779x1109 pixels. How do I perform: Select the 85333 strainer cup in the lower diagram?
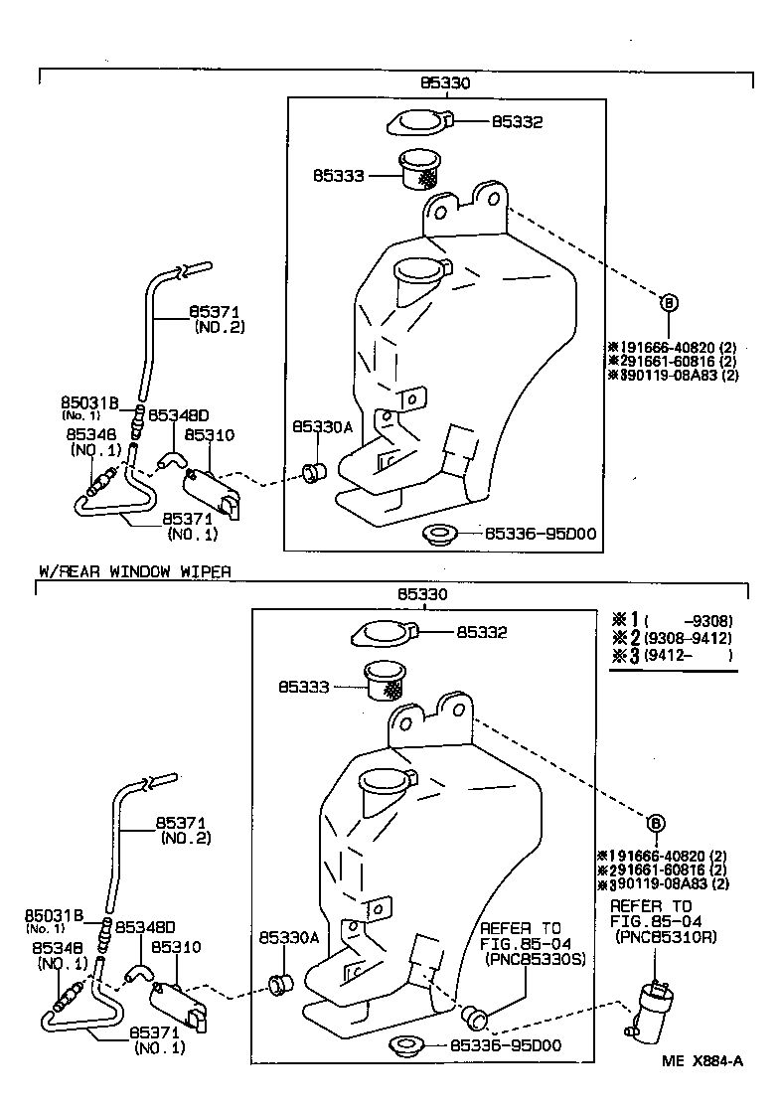click(x=389, y=682)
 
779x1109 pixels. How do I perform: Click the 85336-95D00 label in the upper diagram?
click(x=540, y=535)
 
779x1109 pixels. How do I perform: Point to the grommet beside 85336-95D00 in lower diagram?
click(x=406, y=1045)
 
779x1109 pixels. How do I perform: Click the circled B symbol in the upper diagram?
click(x=669, y=303)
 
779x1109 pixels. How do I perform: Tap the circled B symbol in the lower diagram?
click(x=655, y=822)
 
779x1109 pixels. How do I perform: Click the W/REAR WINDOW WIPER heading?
click(x=134, y=571)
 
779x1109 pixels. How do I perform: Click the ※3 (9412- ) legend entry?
click(x=674, y=656)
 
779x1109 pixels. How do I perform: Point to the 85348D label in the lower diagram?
click(x=145, y=926)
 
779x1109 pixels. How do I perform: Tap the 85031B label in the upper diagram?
click(x=89, y=401)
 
